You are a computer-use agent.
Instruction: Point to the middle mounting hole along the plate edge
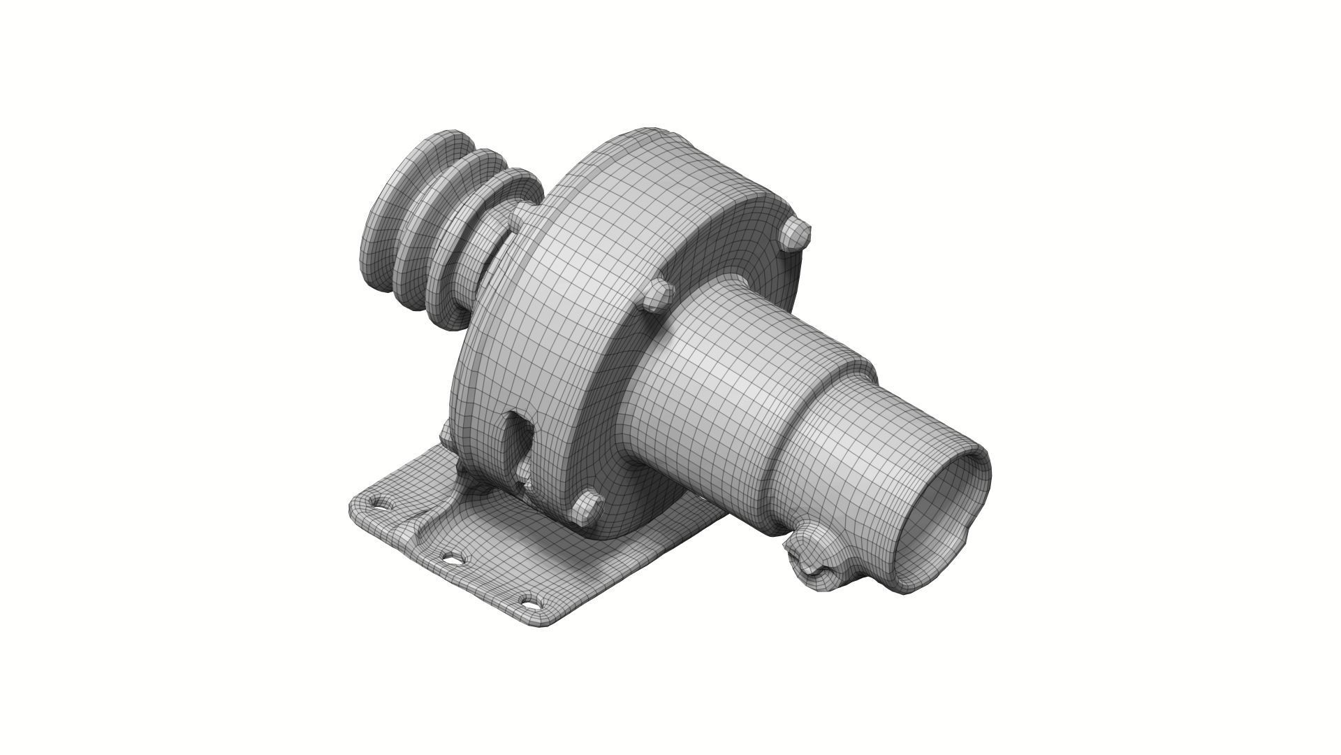tap(453, 558)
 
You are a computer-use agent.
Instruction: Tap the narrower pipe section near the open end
tap(873, 461)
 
